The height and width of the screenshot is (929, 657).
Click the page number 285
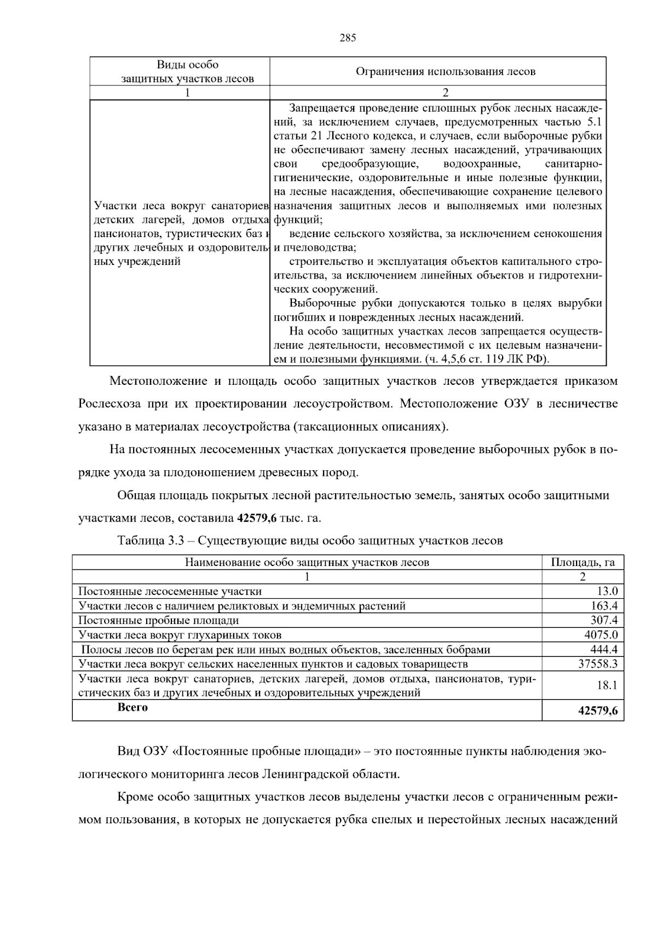(347, 38)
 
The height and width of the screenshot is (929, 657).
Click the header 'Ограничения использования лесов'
(445, 72)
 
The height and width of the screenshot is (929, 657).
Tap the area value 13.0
(607, 591)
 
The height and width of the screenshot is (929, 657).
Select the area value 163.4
(604, 606)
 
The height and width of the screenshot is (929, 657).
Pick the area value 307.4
(604, 620)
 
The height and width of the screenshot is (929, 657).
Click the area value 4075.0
(601, 635)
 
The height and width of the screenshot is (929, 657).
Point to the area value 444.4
(604, 650)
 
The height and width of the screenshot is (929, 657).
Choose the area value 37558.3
(598, 664)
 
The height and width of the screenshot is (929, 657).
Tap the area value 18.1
(607, 685)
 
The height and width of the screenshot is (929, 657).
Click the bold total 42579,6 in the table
(598, 711)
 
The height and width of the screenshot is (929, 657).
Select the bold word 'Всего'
(132, 707)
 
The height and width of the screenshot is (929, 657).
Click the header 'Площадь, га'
(583, 562)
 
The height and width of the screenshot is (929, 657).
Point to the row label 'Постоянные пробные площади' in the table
(159, 620)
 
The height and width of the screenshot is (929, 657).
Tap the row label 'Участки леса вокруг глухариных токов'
(180, 635)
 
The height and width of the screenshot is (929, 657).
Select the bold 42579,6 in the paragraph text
(259, 518)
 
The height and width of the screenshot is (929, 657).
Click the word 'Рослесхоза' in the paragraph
(109, 404)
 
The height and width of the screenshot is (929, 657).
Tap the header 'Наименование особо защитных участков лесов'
(307, 562)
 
